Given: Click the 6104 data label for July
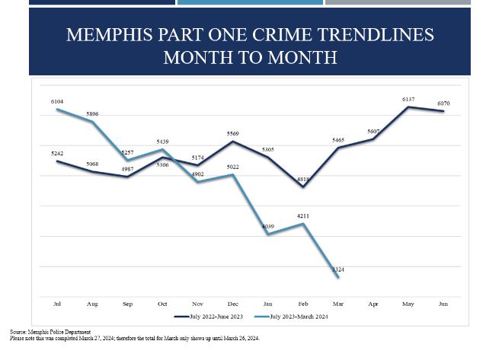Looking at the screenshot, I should pyautogui.click(x=57, y=101).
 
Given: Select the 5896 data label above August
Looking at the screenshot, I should pyautogui.click(x=92, y=114).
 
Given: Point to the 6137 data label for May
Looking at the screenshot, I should pyautogui.click(x=408, y=100).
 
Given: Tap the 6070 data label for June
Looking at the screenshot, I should pyautogui.click(x=443, y=104).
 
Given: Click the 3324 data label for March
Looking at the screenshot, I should pyautogui.click(x=338, y=269).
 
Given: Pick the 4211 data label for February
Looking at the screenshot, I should pyautogui.click(x=303, y=216).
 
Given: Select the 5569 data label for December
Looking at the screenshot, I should pyautogui.click(x=233, y=134).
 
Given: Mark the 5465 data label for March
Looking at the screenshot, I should pyautogui.click(x=338, y=140).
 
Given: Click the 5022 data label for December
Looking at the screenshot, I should pyautogui.click(x=233, y=167).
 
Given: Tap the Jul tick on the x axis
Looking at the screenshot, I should pyautogui.click(x=57, y=304).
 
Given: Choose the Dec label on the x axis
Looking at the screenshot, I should pyautogui.click(x=233, y=304).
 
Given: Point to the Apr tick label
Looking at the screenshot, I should pyautogui.click(x=373, y=304).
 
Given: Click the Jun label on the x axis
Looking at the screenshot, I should pyautogui.click(x=443, y=304).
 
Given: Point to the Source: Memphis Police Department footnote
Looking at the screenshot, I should pyautogui.click(x=50, y=333).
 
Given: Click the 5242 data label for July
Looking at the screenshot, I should pyautogui.click(x=57, y=154).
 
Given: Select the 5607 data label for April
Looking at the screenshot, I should pyautogui.click(x=373, y=132).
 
